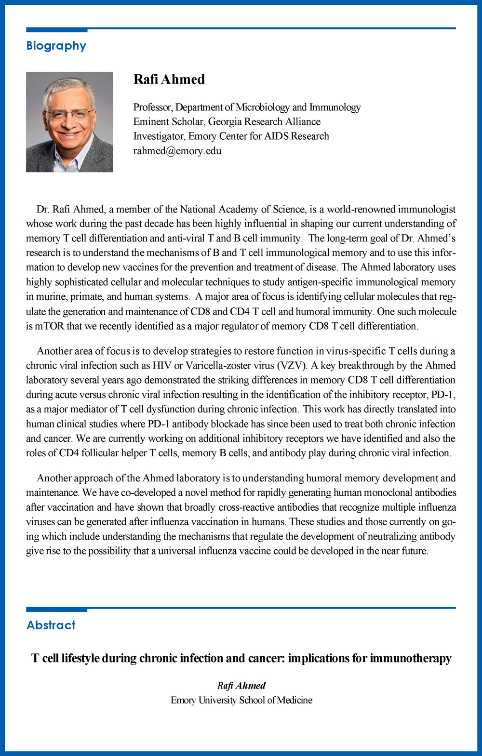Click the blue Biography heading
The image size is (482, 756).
pos(56,46)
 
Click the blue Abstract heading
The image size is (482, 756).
pos(51,625)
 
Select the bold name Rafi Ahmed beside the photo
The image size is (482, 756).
pos(169,80)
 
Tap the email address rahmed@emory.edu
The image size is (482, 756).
pos(177,151)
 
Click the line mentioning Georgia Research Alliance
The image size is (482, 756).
pos(227,121)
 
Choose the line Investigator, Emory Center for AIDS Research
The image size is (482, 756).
pos(231,136)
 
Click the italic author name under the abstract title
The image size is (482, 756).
pos(241,686)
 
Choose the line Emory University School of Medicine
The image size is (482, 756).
pos(241,700)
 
